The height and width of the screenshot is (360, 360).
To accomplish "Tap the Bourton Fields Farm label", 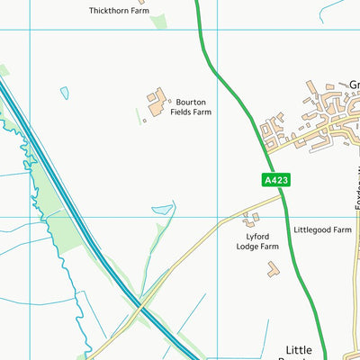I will click(193, 108).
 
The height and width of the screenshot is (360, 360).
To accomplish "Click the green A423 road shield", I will click(276, 180).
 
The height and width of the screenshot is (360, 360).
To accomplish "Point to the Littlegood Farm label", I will click(321, 229).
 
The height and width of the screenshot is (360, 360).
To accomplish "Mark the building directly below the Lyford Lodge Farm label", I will click(273, 267).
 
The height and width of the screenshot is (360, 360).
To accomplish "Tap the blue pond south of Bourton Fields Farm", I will click(162, 210).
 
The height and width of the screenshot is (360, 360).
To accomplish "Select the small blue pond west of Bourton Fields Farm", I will click(64, 92).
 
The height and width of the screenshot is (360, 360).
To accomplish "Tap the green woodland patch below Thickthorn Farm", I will click(159, 21).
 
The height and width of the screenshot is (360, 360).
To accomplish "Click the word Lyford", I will click(257, 235).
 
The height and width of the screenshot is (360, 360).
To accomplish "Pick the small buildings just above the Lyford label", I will click(250, 217).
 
